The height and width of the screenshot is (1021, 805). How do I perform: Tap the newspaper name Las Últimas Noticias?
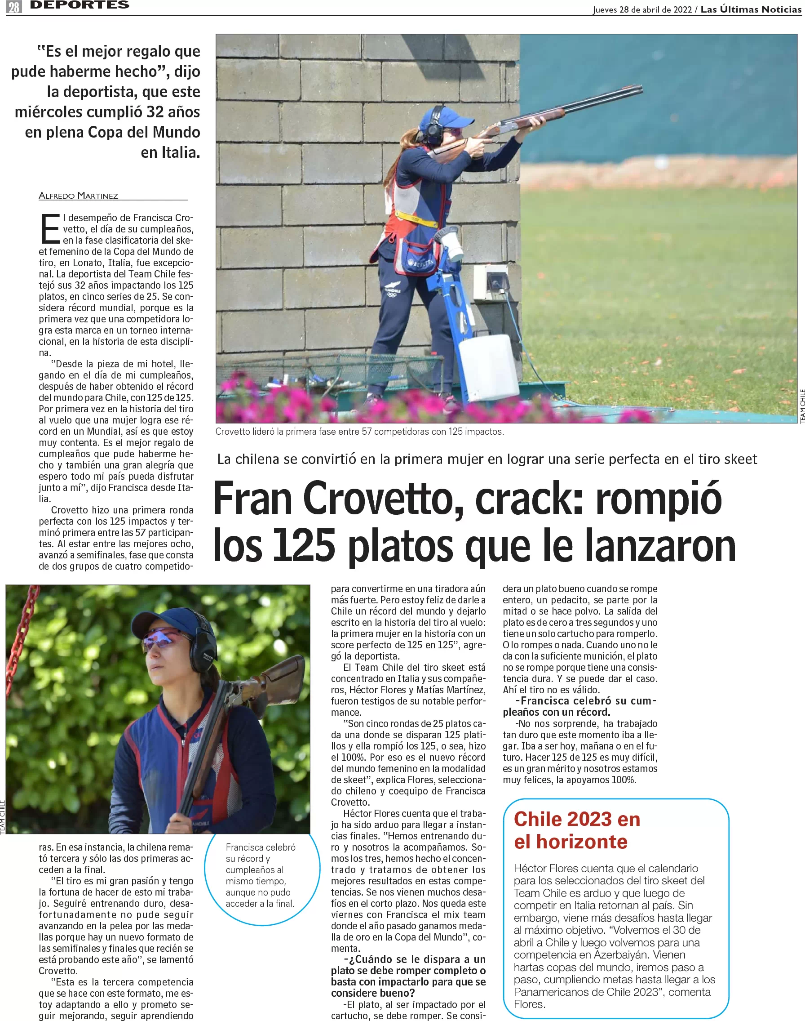(x=750, y=9)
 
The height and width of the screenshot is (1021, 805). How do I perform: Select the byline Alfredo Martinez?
(x=78, y=196)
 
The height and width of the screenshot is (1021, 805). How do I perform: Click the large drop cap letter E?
(x=50, y=229)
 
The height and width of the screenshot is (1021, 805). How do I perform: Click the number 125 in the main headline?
(x=304, y=546)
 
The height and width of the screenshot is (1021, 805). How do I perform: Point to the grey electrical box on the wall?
(x=491, y=282)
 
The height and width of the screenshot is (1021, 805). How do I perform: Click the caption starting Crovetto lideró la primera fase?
(x=359, y=432)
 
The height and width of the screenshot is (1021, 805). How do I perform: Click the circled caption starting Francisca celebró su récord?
(x=260, y=875)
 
